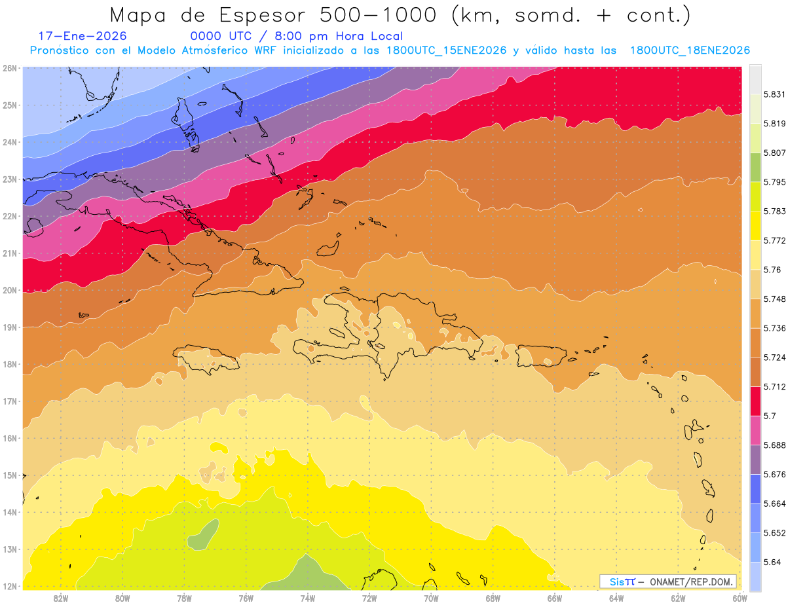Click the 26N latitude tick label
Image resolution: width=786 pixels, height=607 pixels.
[x=10, y=68]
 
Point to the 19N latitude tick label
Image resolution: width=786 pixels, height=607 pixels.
[x=10, y=327]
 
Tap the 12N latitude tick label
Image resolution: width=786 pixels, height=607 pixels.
[x=10, y=586]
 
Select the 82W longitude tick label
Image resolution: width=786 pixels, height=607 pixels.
[x=61, y=597]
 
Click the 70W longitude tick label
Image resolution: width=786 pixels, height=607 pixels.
[x=431, y=597]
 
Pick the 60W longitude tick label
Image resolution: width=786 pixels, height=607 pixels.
[x=739, y=597]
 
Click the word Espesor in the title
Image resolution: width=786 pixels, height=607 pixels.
[x=259, y=15]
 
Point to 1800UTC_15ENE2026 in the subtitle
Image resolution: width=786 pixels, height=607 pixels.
[x=446, y=50]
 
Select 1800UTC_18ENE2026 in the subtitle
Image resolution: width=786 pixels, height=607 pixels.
[x=690, y=50]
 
